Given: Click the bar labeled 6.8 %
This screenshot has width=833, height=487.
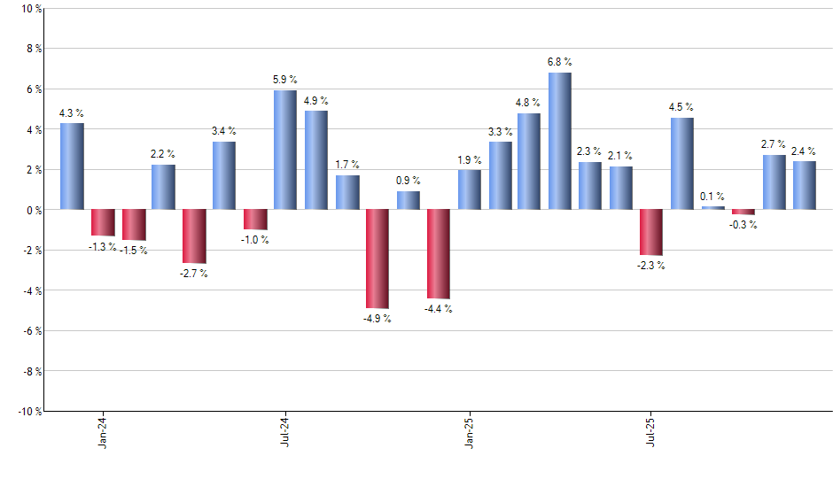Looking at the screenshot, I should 560,141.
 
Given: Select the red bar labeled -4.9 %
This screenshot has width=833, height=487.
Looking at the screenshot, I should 377,259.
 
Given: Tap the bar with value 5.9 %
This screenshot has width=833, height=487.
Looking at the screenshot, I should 285,150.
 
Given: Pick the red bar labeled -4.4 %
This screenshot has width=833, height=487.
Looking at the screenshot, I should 439,254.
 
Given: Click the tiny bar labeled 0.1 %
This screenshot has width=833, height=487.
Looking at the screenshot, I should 712,208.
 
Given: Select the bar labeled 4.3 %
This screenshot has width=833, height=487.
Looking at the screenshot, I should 72,166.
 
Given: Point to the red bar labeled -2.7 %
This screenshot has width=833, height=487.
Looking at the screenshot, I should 194,236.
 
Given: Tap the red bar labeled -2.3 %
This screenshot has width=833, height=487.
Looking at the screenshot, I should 651,232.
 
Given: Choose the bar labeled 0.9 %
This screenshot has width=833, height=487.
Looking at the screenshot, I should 408,200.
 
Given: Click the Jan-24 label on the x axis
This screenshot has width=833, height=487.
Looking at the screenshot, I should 103,431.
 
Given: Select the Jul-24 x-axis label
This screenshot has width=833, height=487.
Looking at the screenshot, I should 285,431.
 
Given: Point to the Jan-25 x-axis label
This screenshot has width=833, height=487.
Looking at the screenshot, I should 469,431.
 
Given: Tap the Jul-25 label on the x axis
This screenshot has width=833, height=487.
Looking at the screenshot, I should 651,431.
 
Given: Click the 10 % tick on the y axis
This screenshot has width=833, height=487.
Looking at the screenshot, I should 30,9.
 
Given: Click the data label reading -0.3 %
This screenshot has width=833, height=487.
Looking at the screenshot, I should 743,225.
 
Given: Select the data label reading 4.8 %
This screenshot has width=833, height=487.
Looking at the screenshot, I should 529,102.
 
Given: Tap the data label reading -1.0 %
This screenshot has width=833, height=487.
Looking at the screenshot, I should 255,240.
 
